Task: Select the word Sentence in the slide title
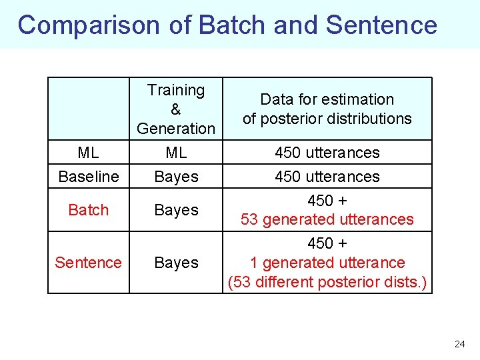381,25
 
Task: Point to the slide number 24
459,344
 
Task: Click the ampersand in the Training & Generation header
176,109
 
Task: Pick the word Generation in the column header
176,128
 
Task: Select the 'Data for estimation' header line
327,99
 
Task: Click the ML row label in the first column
88,153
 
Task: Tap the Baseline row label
88,177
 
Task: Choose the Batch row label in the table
88,210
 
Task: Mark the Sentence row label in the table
88,263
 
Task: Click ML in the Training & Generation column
176,153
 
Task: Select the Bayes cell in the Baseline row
176,177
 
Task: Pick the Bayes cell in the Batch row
176,210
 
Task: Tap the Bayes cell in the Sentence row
176,263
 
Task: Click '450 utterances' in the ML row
327,153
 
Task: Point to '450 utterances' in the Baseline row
327,177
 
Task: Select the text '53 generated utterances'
327,219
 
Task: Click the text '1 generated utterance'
327,263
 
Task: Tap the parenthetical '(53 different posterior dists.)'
327,282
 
